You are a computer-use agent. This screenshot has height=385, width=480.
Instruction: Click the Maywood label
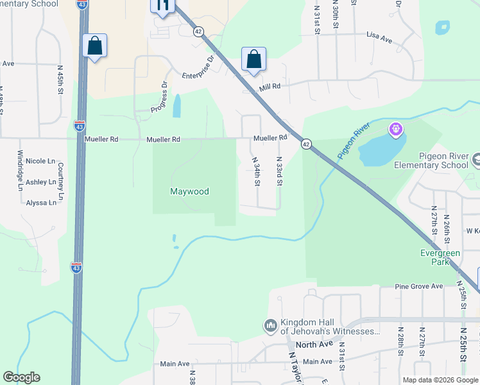[190, 191]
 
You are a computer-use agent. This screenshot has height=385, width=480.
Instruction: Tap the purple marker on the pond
[396, 130]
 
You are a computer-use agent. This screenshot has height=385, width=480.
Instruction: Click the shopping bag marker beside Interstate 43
[95, 46]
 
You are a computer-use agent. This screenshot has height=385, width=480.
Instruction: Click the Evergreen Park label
[440, 257]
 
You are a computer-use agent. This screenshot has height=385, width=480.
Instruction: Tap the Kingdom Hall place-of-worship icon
[270, 327]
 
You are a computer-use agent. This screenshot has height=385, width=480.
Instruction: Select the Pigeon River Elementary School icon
[476, 160]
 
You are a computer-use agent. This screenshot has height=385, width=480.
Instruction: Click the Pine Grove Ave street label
[419, 286]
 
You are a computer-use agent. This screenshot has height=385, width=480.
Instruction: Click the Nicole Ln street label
[40, 161]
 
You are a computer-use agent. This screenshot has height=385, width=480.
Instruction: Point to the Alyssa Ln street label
[40, 202]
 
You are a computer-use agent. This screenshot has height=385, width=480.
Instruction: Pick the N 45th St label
[60, 80]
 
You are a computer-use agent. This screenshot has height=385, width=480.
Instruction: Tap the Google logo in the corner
[22, 377]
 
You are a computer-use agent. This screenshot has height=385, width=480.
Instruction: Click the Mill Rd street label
[270, 87]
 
